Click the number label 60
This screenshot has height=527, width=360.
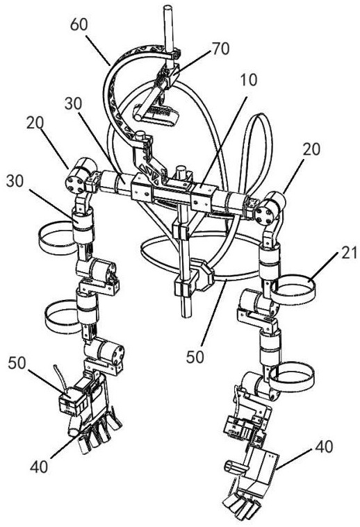coord(79,25)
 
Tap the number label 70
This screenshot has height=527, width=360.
coord(220,49)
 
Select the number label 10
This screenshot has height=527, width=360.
coord(249,80)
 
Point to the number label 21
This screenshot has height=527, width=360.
coord(349,253)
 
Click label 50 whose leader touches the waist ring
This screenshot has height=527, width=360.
coord(195,357)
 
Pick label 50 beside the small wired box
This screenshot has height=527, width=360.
coord(17,363)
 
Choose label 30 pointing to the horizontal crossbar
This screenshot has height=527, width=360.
coord(74,104)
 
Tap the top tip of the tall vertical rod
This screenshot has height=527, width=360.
coord(168,7)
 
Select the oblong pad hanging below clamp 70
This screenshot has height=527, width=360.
coord(156,115)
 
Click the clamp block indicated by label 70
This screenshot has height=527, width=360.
coord(168,74)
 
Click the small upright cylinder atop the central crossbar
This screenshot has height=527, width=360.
coord(181,172)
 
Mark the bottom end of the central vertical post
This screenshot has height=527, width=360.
coord(186,316)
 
